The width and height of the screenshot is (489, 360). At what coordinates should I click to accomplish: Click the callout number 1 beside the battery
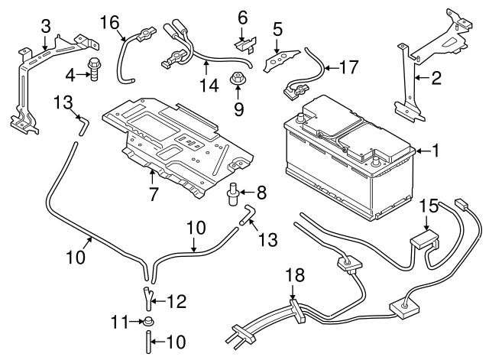tap(436, 151)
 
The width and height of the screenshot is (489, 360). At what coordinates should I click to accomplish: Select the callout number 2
tap(436, 76)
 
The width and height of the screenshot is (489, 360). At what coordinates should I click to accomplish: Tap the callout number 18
tap(296, 273)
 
